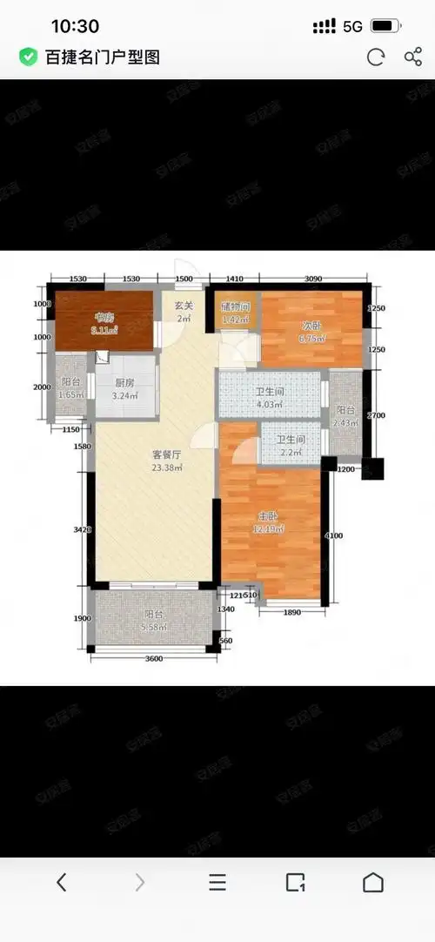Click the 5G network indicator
(x=352, y=26)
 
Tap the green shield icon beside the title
(x=29, y=57)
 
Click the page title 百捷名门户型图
(x=103, y=57)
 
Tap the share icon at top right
(x=413, y=57)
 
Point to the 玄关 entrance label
(x=183, y=306)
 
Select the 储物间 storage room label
(x=235, y=306)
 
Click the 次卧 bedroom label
(x=311, y=326)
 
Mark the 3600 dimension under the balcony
(x=154, y=658)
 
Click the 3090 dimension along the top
(x=313, y=279)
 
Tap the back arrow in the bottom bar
(x=61, y=882)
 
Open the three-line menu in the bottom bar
(x=217, y=882)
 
